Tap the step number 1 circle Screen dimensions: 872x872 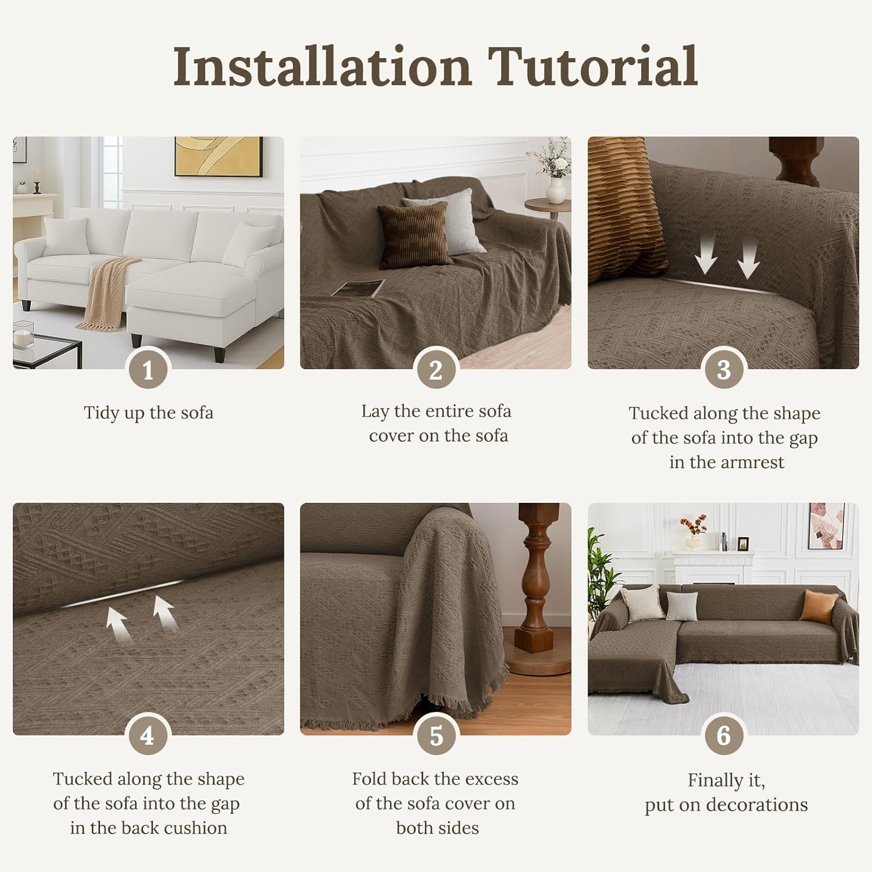coord(148,370)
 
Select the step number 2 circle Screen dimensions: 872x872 coord(435,370)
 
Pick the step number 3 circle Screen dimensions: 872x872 coord(723,370)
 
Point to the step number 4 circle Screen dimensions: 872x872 coord(148,736)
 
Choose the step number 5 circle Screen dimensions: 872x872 coord(435,736)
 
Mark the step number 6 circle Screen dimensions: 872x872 coord(723,736)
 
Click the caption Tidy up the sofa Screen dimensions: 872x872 coord(148,413)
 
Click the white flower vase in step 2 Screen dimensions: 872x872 coord(556,190)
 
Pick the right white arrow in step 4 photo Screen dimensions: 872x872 coord(165,614)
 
